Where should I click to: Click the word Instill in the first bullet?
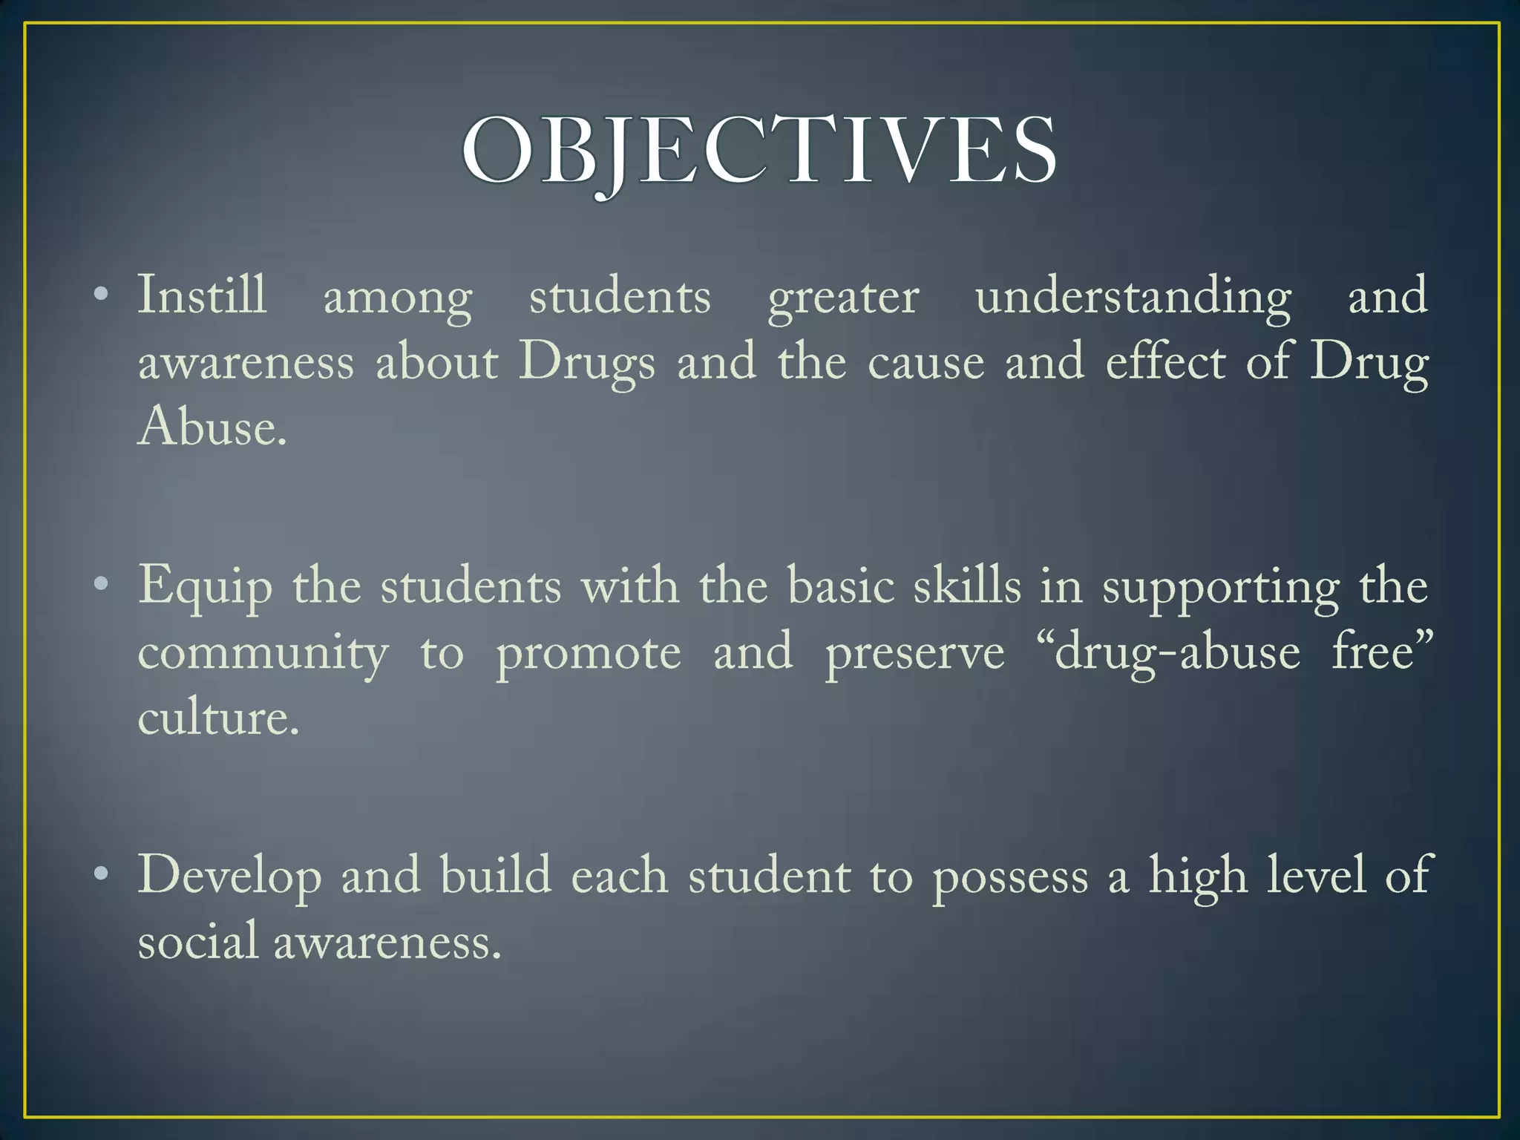[x=202, y=296]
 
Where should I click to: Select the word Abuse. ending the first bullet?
[x=212, y=428]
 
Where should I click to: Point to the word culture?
[x=217, y=718]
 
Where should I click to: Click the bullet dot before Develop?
[x=102, y=875]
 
